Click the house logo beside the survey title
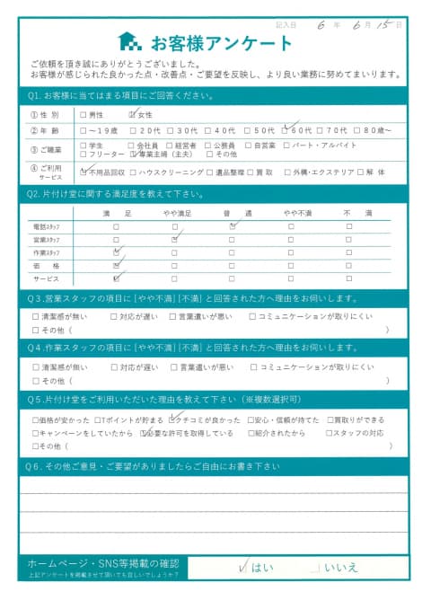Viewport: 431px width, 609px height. click(x=129, y=41)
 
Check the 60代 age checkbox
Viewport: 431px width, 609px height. click(x=286, y=129)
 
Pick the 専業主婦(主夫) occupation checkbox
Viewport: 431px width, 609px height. click(x=134, y=154)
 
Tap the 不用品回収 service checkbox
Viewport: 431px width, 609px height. click(x=84, y=171)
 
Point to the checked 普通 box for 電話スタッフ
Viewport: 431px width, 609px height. click(x=232, y=227)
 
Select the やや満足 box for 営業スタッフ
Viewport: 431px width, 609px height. click(x=175, y=240)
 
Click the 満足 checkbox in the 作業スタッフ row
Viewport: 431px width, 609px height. click(x=117, y=253)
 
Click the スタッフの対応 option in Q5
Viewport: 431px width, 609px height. click(x=363, y=433)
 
